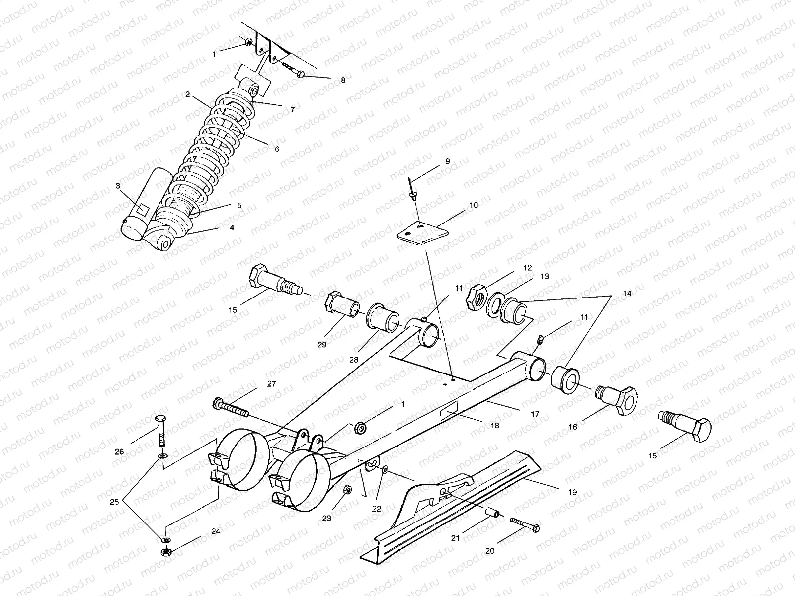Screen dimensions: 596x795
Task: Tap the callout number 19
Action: click(573, 492)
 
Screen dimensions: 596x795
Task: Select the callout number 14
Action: click(627, 294)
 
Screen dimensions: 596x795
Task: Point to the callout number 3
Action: click(118, 186)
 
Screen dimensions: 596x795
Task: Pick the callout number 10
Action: click(473, 205)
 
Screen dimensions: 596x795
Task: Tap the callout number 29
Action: click(322, 345)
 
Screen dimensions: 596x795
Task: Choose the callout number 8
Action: click(342, 80)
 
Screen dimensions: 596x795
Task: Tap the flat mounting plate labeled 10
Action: click(422, 232)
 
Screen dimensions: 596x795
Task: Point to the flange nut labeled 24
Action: click(163, 551)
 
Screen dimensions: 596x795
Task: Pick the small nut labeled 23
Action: click(348, 490)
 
